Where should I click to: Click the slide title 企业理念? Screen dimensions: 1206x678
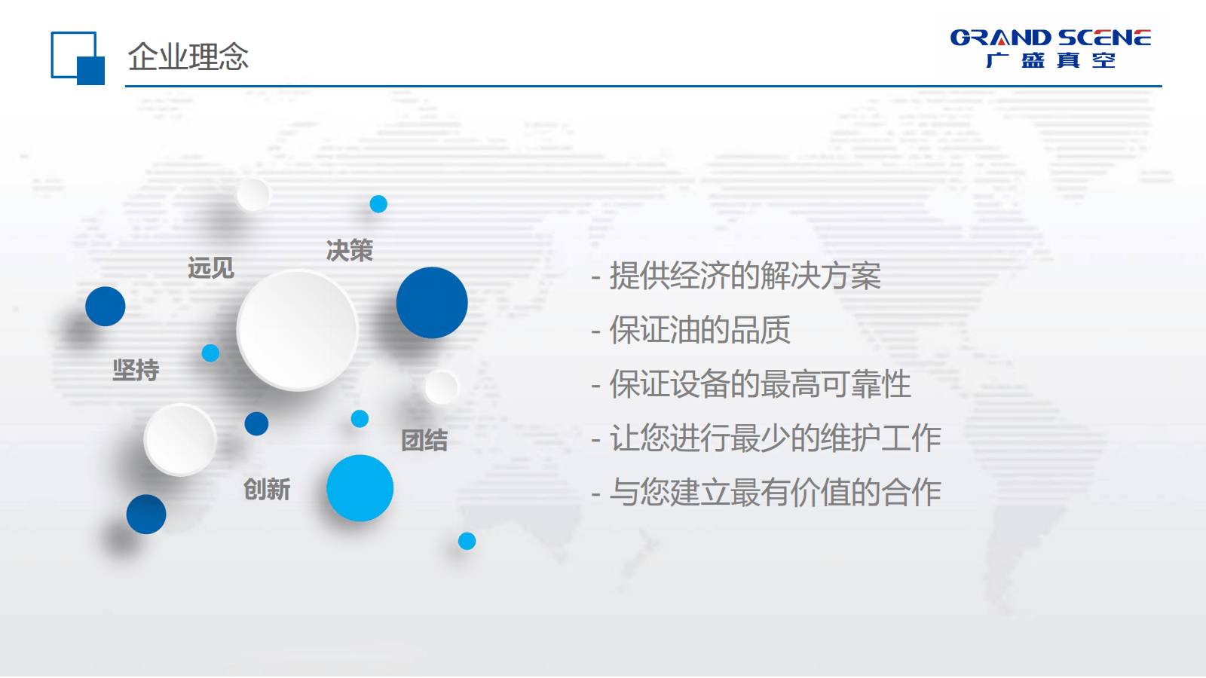tap(188, 56)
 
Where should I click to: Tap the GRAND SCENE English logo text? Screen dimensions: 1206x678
tap(1051, 38)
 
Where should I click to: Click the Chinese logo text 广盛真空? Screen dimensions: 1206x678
tap(1051, 60)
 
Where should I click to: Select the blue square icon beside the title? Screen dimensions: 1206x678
tap(78, 58)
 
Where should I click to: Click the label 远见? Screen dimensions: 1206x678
tap(210, 267)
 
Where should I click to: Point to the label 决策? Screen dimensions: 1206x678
tap(350, 251)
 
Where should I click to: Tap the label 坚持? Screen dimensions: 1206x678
tap(136, 370)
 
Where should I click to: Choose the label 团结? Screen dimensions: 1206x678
tap(424, 440)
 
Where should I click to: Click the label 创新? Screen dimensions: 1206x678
tap(267, 489)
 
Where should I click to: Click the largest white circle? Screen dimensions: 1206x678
tap(298, 330)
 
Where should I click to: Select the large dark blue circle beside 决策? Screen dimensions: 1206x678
tap(432, 302)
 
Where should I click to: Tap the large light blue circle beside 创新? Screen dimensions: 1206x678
tap(360, 488)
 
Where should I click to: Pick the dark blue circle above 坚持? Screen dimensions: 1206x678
tap(105, 306)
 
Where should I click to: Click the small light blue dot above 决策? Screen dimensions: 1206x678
tap(378, 204)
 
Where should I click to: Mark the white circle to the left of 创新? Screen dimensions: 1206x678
tap(180, 440)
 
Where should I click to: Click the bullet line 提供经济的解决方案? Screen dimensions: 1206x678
tap(736, 276)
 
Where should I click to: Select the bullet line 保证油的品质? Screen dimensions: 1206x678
tap(690, 330)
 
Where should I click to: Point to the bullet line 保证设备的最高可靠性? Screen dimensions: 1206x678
tap(751, 384)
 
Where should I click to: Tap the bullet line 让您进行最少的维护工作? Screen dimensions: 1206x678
tap(766, 438)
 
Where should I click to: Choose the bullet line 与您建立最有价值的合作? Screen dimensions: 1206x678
tap(766, 493)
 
